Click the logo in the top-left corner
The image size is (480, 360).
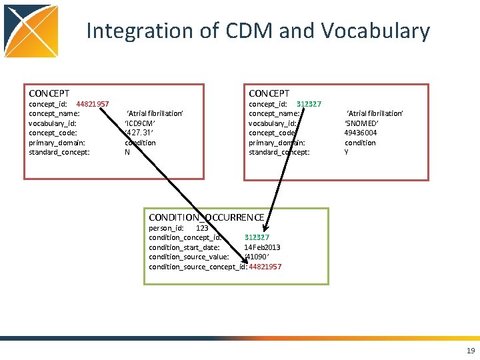31,31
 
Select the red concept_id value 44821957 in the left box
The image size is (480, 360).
93,104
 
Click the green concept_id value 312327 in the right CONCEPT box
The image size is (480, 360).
309,104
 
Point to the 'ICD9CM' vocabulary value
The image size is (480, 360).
140,123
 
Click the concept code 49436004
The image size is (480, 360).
361,133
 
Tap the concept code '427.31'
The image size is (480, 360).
140,133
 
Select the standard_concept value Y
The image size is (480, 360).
347,152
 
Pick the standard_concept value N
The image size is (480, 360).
127,152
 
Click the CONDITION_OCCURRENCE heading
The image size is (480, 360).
207,217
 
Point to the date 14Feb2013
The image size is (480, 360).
262,247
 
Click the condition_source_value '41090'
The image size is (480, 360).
257,257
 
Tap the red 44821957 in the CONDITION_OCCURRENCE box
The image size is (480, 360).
265,267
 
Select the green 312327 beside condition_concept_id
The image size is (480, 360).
257,237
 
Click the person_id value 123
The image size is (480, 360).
201,228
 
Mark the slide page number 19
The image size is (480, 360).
471,351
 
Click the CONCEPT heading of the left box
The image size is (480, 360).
49,93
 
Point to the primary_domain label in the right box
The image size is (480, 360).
277,143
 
